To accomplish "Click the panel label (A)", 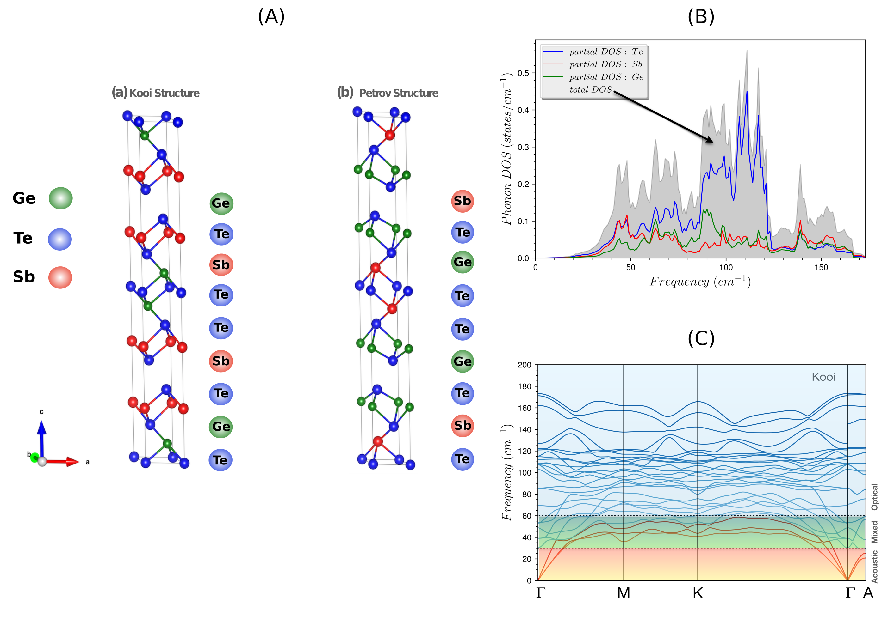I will [271, 17].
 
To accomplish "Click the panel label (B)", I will [701, 17].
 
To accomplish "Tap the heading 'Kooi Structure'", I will [164, 93].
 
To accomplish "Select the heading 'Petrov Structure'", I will [399, 93].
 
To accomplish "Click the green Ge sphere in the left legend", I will [60, 198].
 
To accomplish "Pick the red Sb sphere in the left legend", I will [60, 277].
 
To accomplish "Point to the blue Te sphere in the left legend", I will [60, 239].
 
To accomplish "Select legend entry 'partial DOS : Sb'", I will [605, 64].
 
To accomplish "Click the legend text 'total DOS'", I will [590, 90].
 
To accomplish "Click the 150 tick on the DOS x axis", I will [821, 268].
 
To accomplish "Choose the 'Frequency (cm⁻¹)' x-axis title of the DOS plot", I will [700, 282].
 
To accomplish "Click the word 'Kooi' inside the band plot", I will [823, 377].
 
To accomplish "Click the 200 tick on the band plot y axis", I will [524, 365].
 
